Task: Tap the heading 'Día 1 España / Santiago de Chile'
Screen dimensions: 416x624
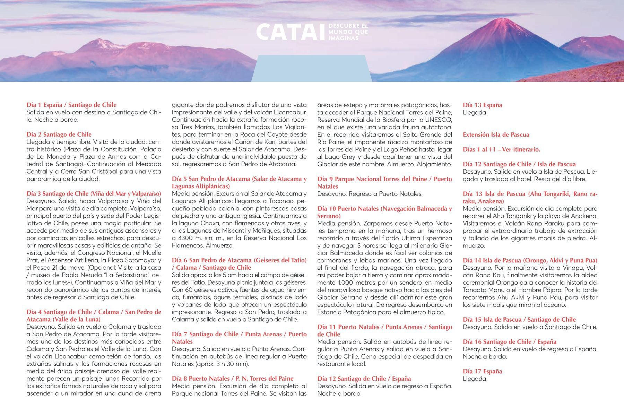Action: (x=71, y=105)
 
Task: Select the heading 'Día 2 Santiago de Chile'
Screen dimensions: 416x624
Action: (x=59, y=135)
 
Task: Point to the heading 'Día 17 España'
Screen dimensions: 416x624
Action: (x=482, y=371)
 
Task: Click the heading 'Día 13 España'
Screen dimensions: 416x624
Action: (x=482, y=105)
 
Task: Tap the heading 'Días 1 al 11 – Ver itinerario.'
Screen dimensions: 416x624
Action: (x=501, y=149)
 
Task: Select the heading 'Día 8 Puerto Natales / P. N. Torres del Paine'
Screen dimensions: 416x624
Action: (x=233, y=379)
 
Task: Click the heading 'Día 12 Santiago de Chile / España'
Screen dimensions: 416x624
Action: (x=364, y=379)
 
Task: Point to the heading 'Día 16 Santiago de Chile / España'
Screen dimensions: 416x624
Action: (x=509, y=342)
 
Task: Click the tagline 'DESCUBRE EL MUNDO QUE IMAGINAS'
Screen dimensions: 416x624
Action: (x=348, y=32)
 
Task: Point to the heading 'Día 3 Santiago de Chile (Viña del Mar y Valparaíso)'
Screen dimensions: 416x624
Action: (x=94, y=193)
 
